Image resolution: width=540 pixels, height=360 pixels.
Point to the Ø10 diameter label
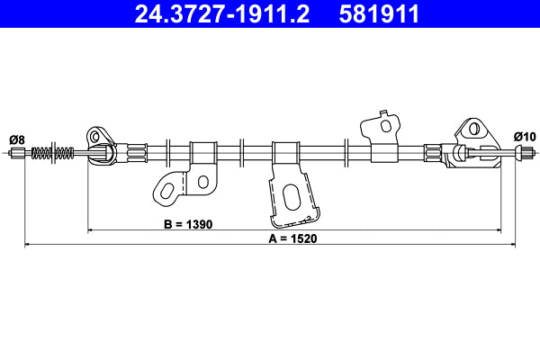tap(524, 136)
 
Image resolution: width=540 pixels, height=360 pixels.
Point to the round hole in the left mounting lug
tap(95, 135)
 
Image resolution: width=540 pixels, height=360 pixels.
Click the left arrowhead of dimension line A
tap(28, 244)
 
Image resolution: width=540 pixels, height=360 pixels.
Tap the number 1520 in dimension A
tap(307, 238)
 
